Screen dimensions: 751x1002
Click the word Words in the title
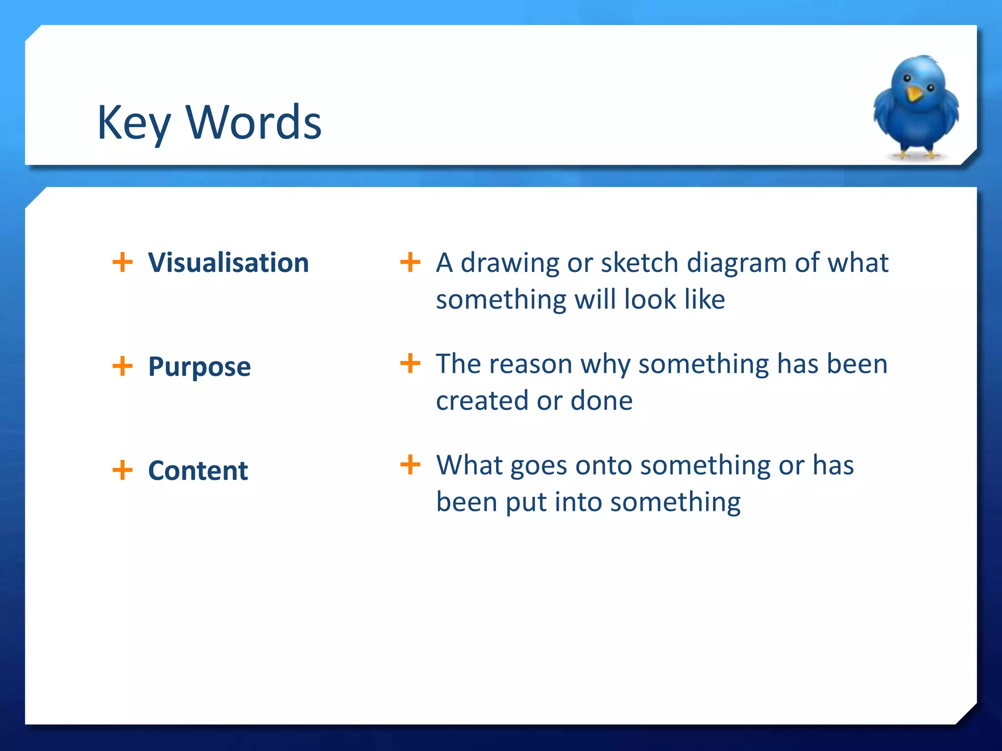253,123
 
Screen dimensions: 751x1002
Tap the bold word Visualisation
228,263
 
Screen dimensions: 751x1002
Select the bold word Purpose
199,367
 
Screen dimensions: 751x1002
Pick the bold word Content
198,470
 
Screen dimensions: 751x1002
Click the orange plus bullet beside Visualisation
122,262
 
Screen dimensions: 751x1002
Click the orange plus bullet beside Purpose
122,366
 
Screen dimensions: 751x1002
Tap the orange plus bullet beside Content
122,470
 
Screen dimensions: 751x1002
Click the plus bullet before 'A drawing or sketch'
410,262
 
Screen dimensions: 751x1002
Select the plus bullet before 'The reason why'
410,363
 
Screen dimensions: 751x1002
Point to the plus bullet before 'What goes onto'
410,464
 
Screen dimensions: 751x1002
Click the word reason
530,364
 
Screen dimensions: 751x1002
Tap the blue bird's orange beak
913,93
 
